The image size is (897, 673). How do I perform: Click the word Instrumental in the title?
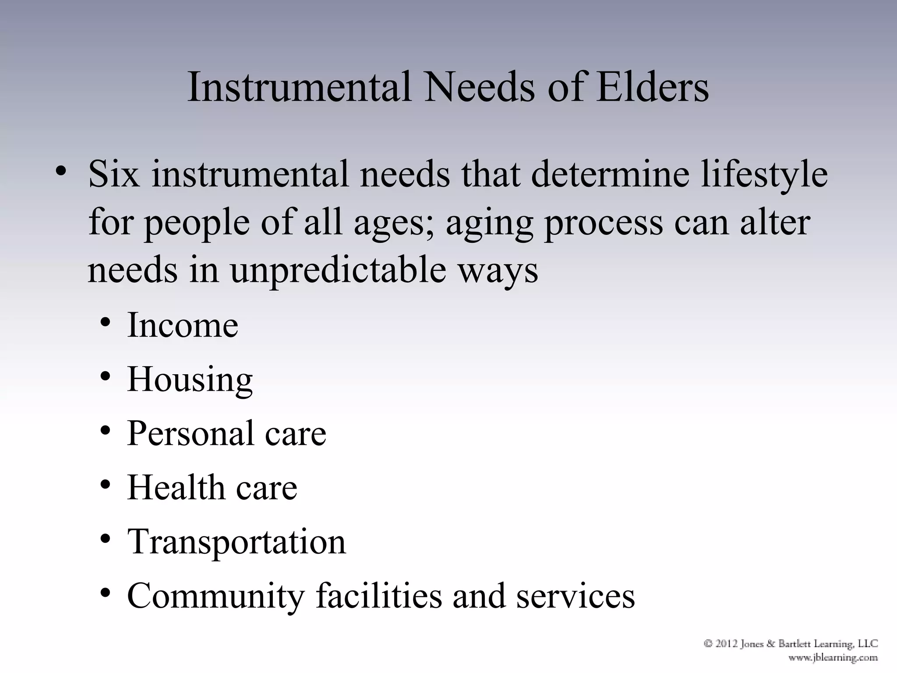(300, 87)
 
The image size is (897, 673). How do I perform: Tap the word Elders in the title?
(652, 87)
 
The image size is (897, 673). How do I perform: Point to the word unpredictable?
(337, 270)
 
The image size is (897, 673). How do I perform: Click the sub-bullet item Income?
(183, 325)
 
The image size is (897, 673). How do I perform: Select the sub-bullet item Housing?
(190, 380)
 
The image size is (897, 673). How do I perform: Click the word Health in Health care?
(176, 488)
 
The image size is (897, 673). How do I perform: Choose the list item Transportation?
(237, 542)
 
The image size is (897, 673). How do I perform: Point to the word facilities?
(379, 596)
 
